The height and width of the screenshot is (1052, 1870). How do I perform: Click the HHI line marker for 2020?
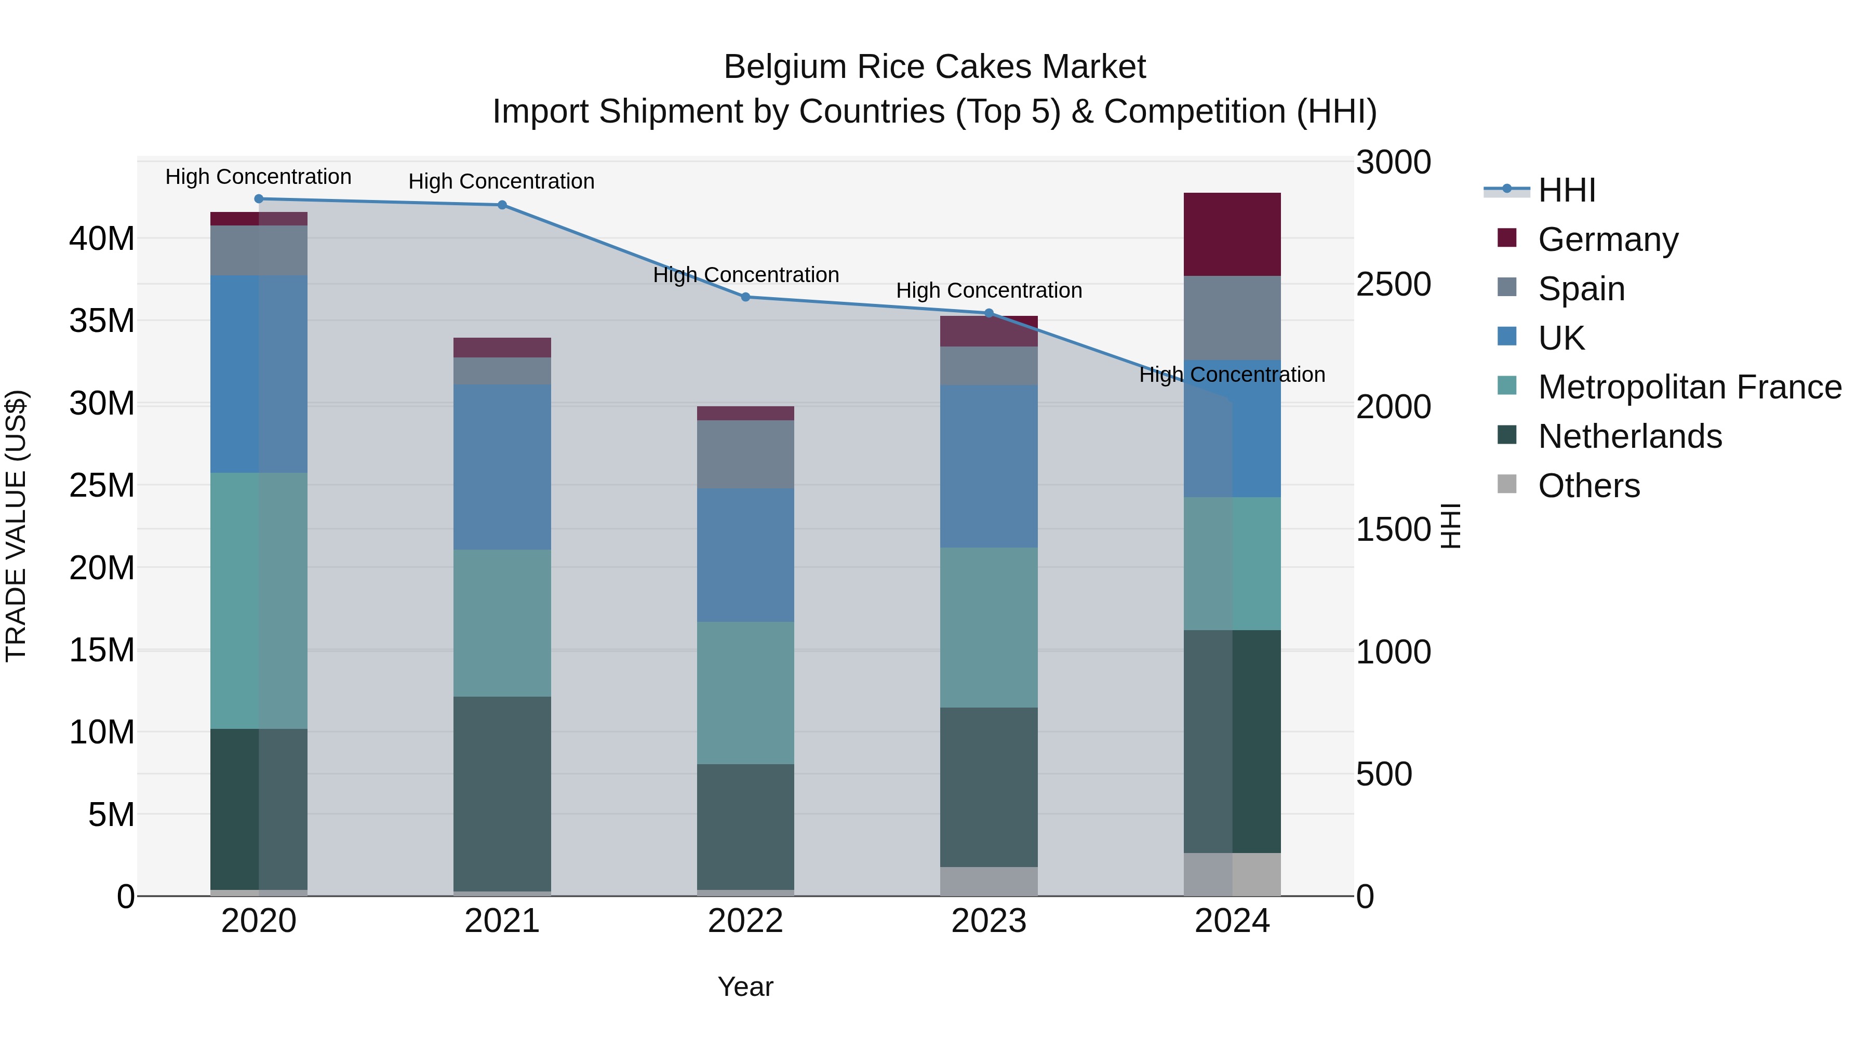tap(259, 198)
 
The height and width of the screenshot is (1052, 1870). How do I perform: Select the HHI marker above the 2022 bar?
tap(745, 297)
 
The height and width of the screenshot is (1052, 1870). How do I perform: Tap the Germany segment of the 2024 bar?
tap(1232, 234)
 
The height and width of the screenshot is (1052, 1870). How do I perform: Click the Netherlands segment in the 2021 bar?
tap(502, 793)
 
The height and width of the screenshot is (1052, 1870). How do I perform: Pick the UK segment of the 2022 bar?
tap(745, 555)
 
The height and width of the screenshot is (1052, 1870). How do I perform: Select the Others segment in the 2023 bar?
tap(988, 882)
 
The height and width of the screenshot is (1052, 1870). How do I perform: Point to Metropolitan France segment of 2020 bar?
tap(259, 601)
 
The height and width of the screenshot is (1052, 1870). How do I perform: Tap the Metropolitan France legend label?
tap(1689, 387)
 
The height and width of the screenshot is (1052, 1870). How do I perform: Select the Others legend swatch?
tap(1506, 484)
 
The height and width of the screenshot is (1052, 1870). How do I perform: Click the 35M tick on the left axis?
tap(102, 320)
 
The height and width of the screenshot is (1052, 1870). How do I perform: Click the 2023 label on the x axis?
tap(988, 921)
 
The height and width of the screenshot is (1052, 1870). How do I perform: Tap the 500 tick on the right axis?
tap(1384, 774)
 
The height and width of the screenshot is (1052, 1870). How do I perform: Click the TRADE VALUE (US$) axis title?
tap(16, 526)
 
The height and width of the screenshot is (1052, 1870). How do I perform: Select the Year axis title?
tap(745, 987)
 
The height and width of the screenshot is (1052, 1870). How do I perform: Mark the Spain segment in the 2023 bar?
tap(988, 365)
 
